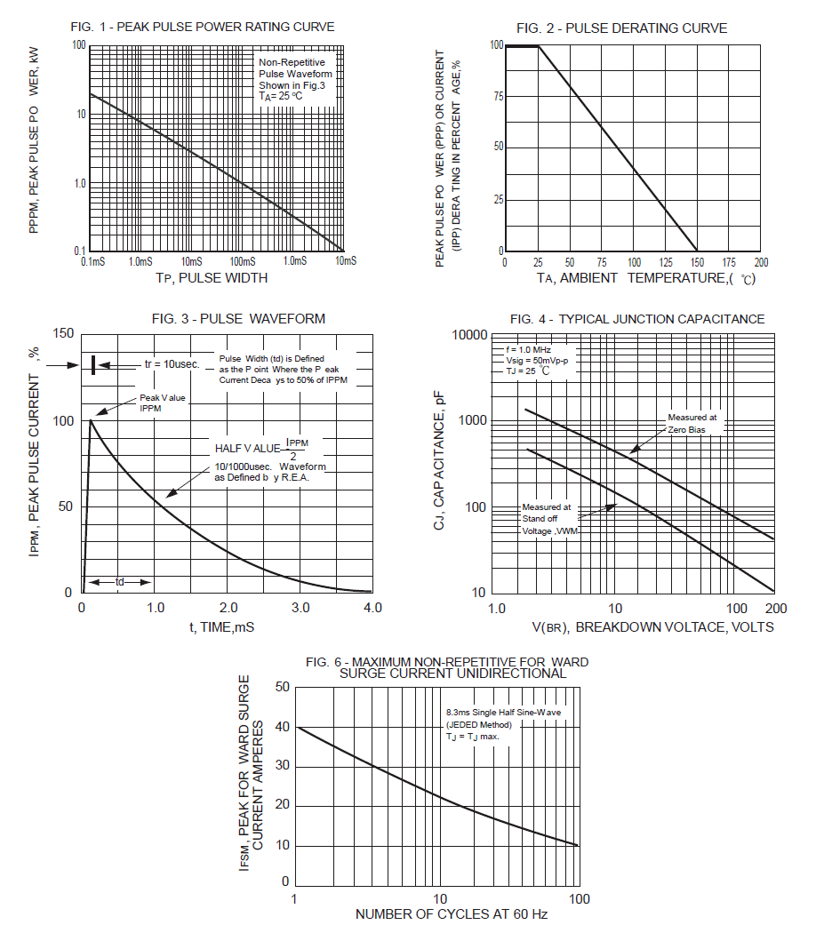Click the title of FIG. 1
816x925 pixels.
tap(203, 27)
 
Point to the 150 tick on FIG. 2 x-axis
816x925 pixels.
tap(697, 262)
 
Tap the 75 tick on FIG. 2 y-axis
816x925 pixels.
tap(497, 96)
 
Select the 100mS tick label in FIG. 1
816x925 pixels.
tap(243, 261)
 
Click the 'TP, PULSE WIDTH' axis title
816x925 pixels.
tap(212, 277)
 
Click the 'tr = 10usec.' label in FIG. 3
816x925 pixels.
tap(172, 364)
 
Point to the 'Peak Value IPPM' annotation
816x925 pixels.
tap(161, 403)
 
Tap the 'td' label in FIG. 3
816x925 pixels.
tap(120, 582)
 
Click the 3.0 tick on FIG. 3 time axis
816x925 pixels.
tap(300, 608)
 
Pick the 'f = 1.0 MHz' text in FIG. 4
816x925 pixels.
tap(529, 350)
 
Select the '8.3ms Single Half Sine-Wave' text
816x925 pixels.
tap(503, 713)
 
